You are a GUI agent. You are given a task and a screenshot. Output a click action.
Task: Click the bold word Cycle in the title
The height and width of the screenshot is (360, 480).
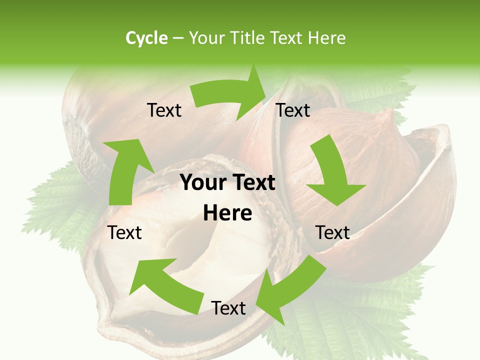(146, 38)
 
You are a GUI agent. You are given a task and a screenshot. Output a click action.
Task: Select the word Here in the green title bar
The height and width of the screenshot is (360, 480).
(326, 38)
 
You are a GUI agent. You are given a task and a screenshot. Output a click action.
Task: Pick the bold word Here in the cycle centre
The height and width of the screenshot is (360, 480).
(227, 213)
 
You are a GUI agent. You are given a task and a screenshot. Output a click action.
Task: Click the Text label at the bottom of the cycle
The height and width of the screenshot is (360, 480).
(228, 308)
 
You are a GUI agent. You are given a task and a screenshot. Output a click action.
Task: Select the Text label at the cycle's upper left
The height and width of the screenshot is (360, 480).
(164, 110)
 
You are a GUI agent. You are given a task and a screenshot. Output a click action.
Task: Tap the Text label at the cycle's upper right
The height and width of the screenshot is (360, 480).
(293, 110)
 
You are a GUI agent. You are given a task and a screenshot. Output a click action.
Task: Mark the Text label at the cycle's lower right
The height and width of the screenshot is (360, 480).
(332, 232)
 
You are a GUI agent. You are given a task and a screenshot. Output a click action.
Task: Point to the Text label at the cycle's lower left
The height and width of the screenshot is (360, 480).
(125, 232)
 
